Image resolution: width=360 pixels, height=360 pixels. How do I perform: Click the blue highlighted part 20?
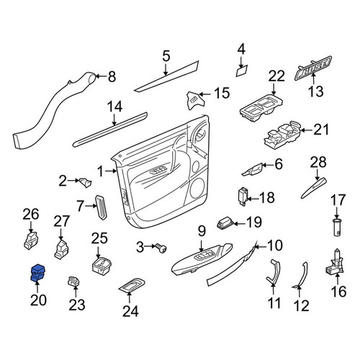pos(37,273)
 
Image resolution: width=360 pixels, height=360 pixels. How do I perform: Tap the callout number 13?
pos(315,91)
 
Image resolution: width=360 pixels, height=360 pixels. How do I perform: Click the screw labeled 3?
pos(161,248)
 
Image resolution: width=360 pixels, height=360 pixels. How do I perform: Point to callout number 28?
pos(318,163)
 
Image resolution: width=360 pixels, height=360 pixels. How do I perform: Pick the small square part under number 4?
pos(242,71)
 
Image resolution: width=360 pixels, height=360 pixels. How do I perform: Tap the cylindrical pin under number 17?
pos(338,228)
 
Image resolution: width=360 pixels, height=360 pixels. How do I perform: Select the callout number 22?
pos(276,76)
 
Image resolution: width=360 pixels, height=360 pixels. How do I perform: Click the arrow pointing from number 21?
pos(307,130)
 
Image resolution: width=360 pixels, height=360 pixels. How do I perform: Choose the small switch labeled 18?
pos(242,197)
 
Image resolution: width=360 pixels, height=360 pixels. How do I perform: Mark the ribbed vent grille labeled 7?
pos(102,207)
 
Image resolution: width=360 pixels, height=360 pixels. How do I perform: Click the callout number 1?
pos(101,171)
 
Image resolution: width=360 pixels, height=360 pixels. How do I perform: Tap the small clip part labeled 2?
pos(85,182)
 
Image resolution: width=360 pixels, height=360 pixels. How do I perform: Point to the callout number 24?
pos(130,311)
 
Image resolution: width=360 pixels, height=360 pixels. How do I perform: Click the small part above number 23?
pos(74,282)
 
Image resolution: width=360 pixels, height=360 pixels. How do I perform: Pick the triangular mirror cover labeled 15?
pos(196,100)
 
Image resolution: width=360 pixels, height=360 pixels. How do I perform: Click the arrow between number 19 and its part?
pos(240,224)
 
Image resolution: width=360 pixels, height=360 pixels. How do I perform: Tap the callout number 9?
pos(202,232)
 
